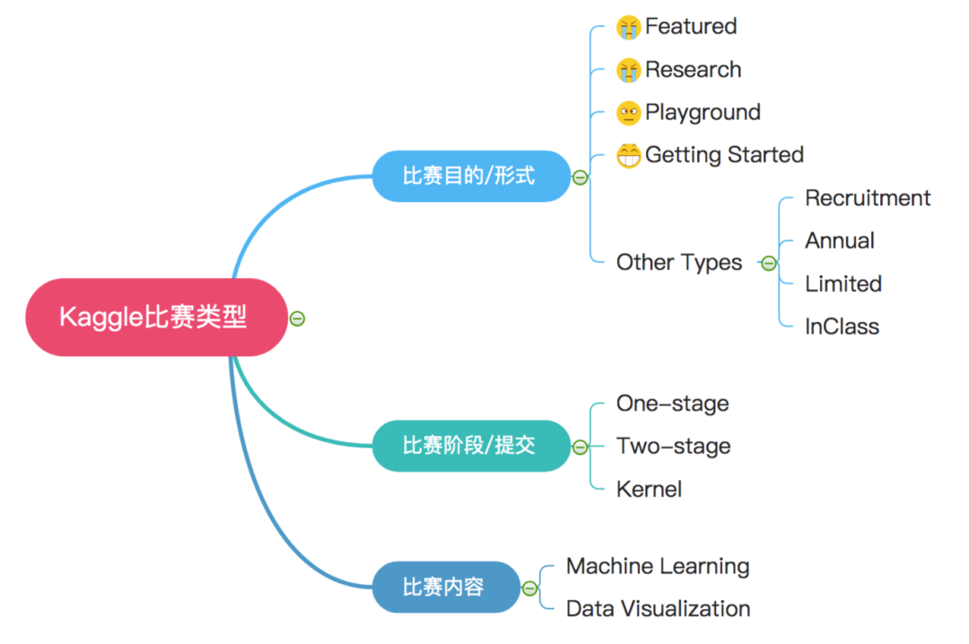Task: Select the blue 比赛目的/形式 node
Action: (470, 176)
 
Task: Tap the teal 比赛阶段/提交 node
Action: (470, 446)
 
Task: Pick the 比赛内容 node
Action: (445, 587)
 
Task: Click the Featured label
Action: (690, 26)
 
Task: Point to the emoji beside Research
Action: (629, 70)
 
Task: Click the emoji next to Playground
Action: (629, 113)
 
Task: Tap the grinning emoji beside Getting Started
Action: (629, 155)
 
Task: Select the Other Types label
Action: (679, 263)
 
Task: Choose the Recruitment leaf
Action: (868, 198)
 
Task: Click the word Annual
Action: (840, 241)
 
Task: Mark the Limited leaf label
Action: (843, 284)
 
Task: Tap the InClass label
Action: (842, 326)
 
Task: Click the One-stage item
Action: (672, 404)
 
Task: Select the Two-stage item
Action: (673, 447)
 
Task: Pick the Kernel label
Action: (649, 490)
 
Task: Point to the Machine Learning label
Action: (658, 567)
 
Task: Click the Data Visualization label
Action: (658, 609)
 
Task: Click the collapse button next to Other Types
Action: (768, 263)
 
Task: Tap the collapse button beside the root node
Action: (297, 318)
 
